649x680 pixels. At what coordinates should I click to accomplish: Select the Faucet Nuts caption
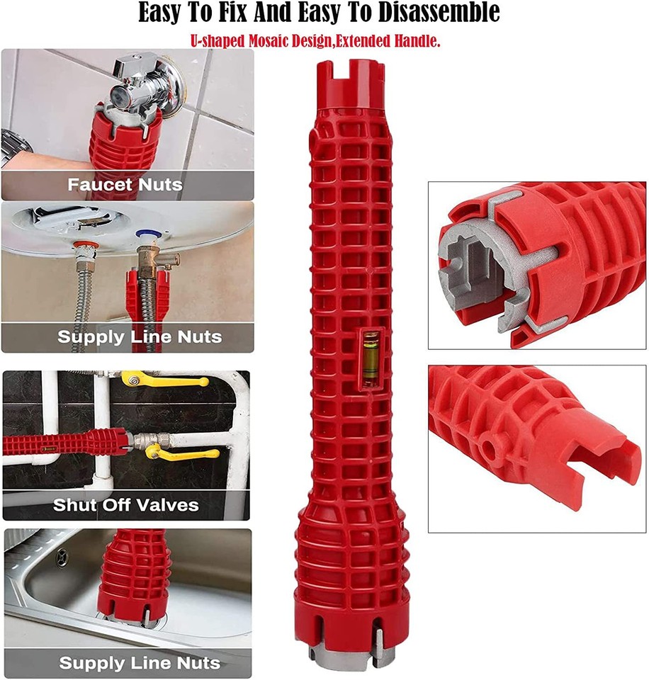125,186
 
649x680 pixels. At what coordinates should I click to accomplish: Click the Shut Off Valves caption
126,506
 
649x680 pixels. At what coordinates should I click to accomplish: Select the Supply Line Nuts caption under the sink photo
140,664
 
